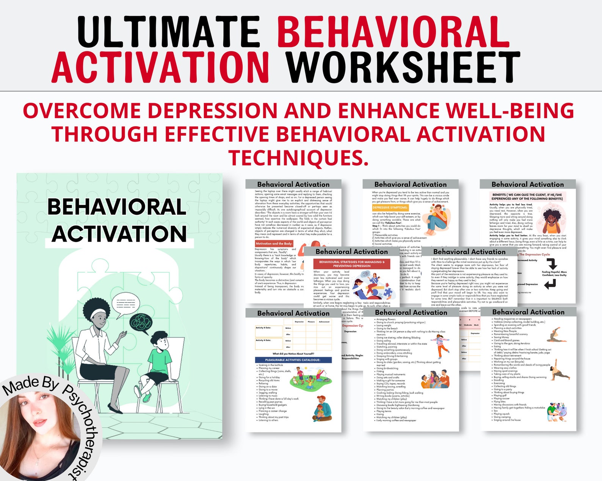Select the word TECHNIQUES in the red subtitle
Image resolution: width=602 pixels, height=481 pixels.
click(298, 158)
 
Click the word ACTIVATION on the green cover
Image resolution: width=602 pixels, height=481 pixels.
click(119, 234)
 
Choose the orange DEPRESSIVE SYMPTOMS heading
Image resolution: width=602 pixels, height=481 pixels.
click(390, 208)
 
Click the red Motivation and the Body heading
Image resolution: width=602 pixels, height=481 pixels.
click(274, 244)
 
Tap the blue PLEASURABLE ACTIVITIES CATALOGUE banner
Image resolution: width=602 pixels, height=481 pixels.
click(293, 360)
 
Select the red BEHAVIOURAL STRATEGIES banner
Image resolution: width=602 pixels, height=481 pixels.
click(351, 264)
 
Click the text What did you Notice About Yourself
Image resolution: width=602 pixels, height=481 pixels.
click(293, 354)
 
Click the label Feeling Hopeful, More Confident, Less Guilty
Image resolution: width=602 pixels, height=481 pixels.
click(554, 273)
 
